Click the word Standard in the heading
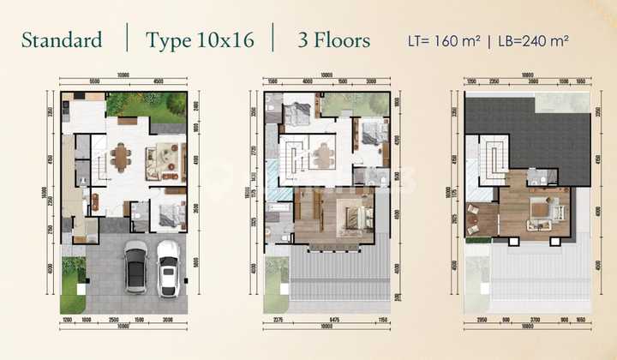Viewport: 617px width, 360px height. (x=61, y=40)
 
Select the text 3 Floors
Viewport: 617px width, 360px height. (x=334, y=40)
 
